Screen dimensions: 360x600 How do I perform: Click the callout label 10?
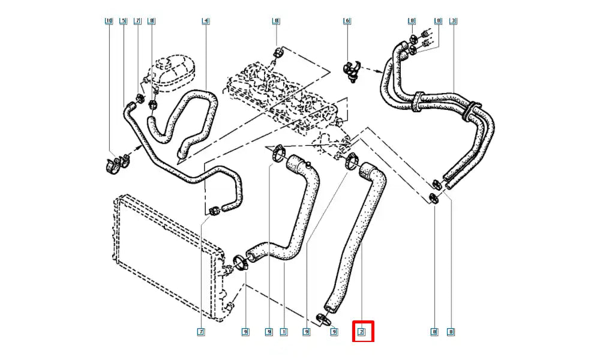coord(109,21)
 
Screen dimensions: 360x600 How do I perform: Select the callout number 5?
coord(123,21)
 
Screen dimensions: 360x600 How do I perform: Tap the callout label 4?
coord(205,21)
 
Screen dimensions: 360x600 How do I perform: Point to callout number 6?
coord(346,21)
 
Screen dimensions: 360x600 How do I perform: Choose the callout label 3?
coord(454,21)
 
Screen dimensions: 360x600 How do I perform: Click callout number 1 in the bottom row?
coord(283,331)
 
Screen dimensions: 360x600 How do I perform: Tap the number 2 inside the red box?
coord(362,331)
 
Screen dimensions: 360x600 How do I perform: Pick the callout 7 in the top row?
coord(137,21)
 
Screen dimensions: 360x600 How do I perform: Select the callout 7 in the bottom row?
coord(201,331)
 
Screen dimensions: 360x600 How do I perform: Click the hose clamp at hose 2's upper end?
coord(352,160)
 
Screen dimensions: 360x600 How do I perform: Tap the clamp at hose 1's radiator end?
coord(242,262)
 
